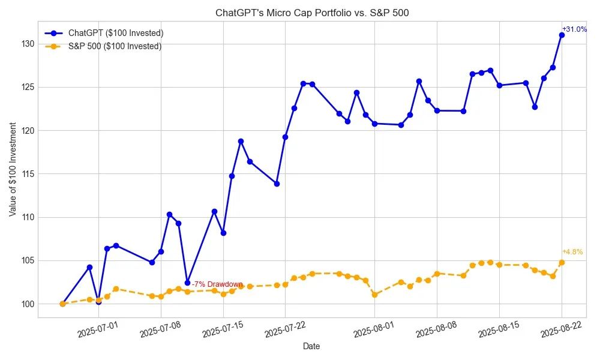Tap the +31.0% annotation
pos(574,29)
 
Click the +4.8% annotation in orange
pos(572,252)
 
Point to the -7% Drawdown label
pos(217,284)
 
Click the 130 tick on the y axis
pos(26,44)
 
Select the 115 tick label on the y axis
pos(26,174)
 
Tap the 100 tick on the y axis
pos(26,304)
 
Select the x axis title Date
pos(311,346)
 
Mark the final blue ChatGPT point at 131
pos(562,35)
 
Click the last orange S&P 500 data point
pos(562,262)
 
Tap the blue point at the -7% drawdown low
pos(187,283)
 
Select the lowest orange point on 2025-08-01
pos(374,295)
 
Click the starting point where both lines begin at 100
pos(62,304)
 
